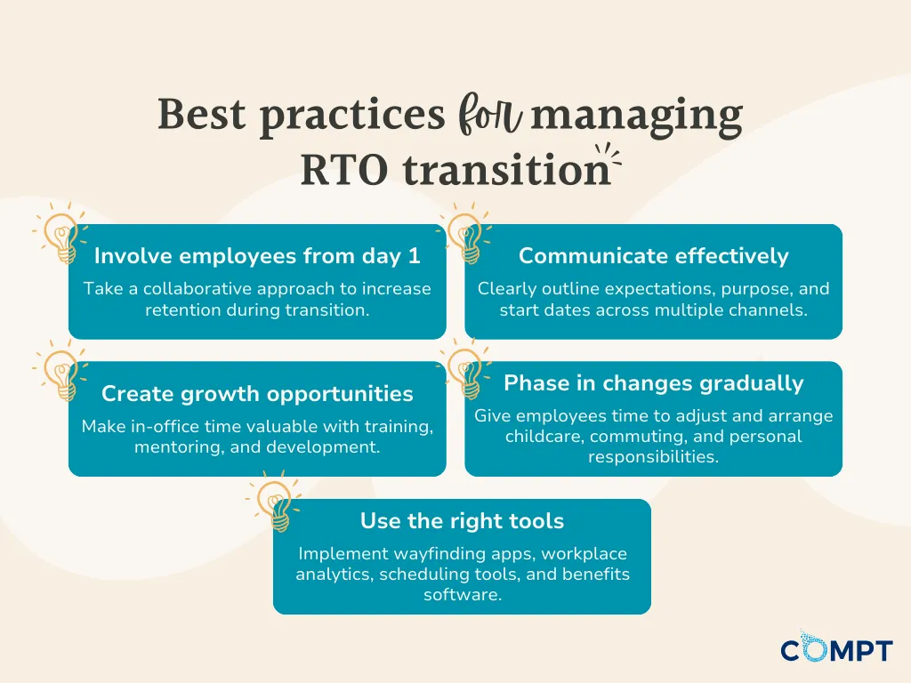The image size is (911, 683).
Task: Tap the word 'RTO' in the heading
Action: point(344,171)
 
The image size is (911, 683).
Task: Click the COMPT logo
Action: point(836,647)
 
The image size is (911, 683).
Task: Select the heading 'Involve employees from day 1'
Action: point(257,256)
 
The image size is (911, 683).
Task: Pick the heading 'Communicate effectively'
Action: point(654,256)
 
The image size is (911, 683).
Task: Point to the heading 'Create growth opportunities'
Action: point(257,394)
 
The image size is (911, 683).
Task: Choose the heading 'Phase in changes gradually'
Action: point(654,383)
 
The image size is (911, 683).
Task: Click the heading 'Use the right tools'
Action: point(462,521)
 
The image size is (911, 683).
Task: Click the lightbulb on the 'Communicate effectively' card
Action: point(465,234)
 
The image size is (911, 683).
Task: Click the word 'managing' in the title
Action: point(637,117)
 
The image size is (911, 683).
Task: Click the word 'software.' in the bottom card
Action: point(463,595)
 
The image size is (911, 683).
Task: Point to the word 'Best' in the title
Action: point(201,114)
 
